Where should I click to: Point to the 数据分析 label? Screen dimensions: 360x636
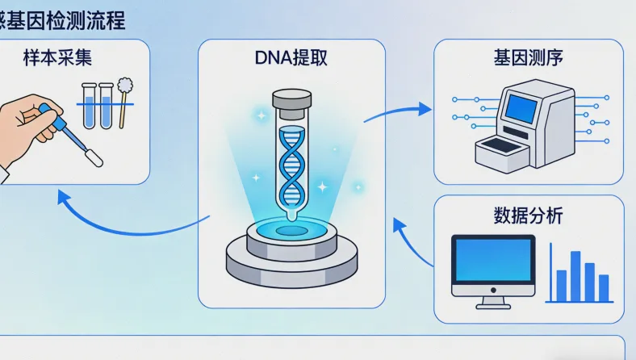[x=529, y=216]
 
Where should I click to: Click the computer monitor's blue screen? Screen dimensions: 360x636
[x=492, y=266]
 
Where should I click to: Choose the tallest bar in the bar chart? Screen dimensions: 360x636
[x=575, y=274]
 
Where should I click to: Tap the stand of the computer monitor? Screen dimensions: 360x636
[x=492, y=303]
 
